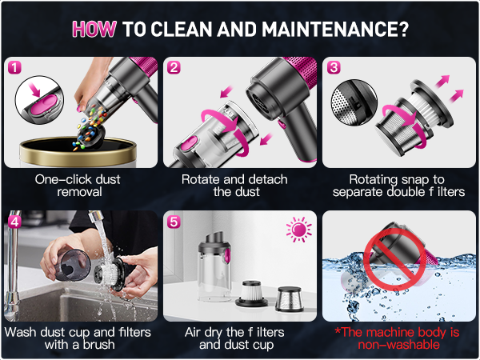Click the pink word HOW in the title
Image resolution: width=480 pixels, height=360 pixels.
[94, 29]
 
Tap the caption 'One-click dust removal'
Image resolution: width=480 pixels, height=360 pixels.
[78, 186]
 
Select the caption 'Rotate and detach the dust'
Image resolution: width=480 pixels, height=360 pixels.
[238, 186]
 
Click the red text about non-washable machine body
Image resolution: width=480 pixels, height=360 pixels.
[398, 338]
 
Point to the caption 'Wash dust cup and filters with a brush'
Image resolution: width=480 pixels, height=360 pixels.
[78, 338]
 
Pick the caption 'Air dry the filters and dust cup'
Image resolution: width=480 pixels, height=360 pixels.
[238, 338]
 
